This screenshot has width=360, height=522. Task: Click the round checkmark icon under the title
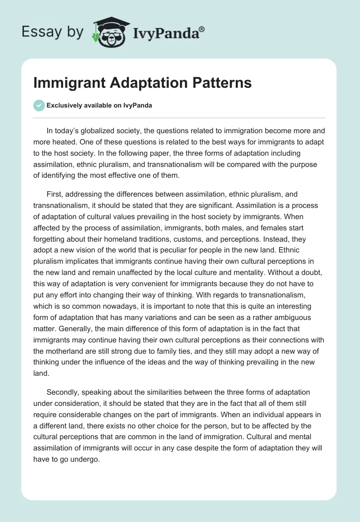(x=39, y=105)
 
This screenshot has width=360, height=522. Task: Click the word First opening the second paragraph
(x=54, y=194)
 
